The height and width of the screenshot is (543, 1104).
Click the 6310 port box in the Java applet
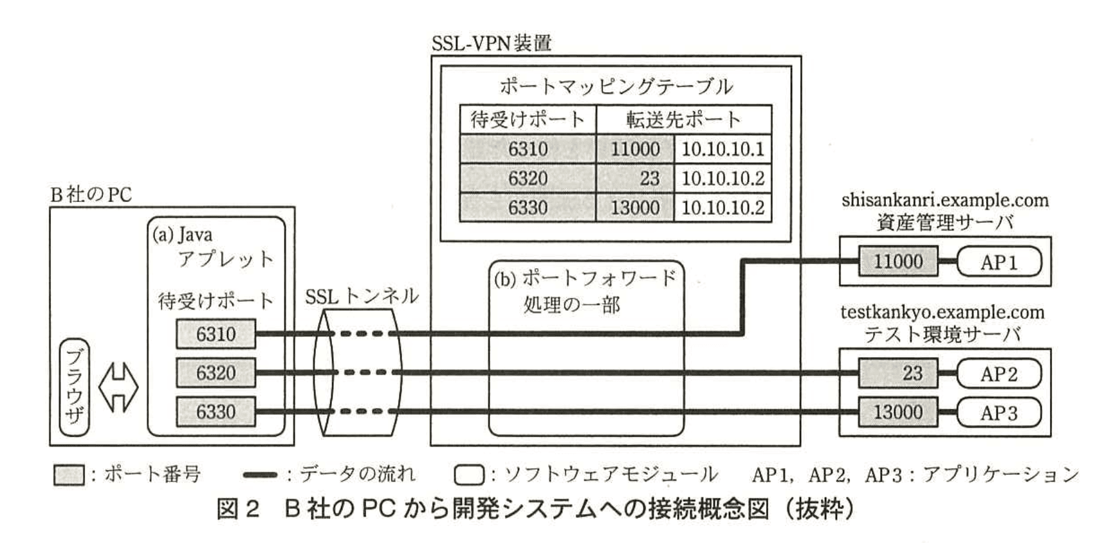(x=216, y=334)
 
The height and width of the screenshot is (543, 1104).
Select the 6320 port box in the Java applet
(x=216, y=373)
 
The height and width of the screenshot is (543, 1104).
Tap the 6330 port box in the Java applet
(x=216, y=412)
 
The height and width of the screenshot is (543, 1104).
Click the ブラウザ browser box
(x=74, y=387)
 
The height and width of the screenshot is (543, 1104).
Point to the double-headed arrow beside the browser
(x=118, y=387)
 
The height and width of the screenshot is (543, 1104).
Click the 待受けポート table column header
(x=528, y=120)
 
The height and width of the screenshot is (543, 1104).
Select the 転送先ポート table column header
(x=683, y=120)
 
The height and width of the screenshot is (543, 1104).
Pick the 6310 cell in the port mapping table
(x=528, y=149)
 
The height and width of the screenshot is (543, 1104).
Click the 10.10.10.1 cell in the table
(x=722, y=149)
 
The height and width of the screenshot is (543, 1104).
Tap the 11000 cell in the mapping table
(x=635, y=149)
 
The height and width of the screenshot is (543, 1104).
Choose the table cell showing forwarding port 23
(x=635, y=178)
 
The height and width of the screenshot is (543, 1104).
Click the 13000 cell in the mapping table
(x=635, y=208)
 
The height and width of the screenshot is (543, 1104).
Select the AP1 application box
(x=998, y=262)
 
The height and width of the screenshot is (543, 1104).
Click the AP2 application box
(x=998, y=374)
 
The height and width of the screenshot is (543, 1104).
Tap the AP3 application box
(x=998, y=412)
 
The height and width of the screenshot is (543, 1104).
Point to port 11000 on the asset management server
(x=897, y=262)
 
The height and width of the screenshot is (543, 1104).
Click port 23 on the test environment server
(x=897, y=374)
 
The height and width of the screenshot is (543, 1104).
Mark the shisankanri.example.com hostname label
(x=944, y=201)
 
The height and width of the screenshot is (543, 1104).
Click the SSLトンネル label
(x=362, y=297)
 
